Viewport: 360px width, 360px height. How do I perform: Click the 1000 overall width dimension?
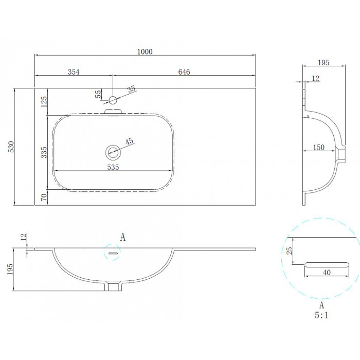(x=145, y=51)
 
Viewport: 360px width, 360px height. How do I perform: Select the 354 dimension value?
(x=74, y=72)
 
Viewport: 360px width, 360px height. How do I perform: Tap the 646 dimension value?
(x=184, y=72)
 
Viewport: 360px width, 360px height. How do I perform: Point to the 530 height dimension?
(x=11, y=147)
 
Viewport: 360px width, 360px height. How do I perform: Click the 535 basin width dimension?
(x=113, y=167)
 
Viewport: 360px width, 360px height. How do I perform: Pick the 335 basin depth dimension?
(x=44, y=152)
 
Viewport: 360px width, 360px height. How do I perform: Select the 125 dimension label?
(x=44, y=101)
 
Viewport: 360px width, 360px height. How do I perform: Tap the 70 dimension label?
(x=44, y=197)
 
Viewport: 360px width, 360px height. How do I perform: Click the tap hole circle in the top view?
(x=113, y=100)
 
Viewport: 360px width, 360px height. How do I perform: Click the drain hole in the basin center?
(x=113, y=152)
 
